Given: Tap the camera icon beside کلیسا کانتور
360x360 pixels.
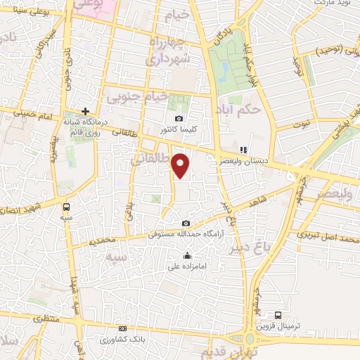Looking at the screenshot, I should click(x=179, y=118).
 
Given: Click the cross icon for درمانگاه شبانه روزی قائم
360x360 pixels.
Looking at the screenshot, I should click(x=85, y=111).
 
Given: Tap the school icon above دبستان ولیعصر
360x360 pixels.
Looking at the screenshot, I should click(x=244, y=150).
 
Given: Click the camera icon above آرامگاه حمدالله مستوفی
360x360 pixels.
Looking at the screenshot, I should click(x=186, y=224).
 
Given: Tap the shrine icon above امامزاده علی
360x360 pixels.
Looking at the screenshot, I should click(x=186, y=255).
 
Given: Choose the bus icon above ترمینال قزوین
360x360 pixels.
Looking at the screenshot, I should click(x=278, y=315).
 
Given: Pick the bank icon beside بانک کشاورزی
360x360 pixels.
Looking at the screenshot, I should click(x=124, y=328).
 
